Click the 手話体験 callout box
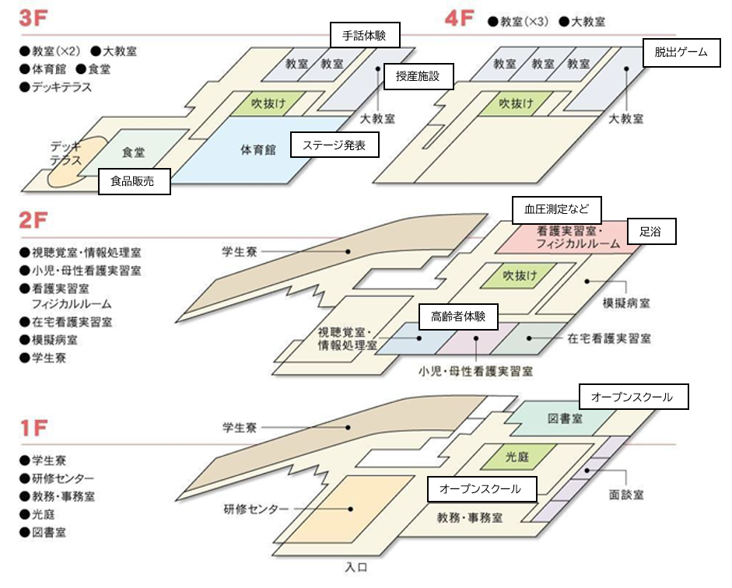pos(365,35)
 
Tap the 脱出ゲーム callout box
pos(681,52)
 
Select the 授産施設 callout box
pos(419,76)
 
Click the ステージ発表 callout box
pos(334,145)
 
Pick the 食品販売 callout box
pos(134,181)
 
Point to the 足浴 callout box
pos(651,232)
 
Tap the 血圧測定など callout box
pos(556,209)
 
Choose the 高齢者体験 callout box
pos(458,317)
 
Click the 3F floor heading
pos(33,19)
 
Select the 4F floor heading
pos(459,19)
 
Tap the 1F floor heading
pos(33,428)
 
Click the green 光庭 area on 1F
pos(518,457)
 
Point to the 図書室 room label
pos(566,418)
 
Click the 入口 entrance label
pos(356,567)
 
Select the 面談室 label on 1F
pos(626,495)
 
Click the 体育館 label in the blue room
pos(258,150)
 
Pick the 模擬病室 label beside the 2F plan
pos(626,303)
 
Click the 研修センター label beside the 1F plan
pos(256,509)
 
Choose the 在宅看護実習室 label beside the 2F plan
pos(609,338)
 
